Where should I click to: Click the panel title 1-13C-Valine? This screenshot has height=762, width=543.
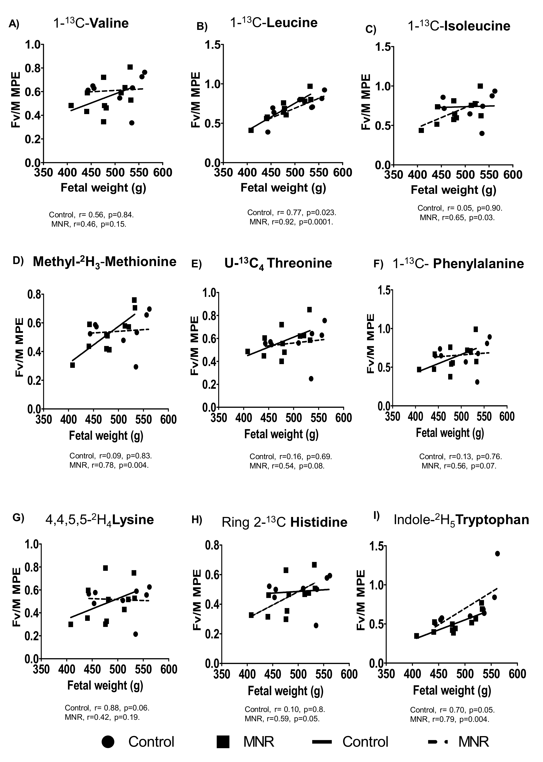[91, 23]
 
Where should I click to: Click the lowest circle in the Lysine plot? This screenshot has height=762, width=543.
[135, 634]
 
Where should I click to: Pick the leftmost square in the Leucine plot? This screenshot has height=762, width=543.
[251, 130]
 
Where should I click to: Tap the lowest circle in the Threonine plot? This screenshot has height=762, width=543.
[311, 379]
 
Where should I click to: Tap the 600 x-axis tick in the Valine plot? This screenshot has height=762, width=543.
[163, 173]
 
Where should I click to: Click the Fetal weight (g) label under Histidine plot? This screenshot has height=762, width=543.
[286, 691]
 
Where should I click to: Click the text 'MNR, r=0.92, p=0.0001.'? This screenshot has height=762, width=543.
[291, 222]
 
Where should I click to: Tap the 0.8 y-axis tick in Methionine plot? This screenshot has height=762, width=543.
[34, 295]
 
